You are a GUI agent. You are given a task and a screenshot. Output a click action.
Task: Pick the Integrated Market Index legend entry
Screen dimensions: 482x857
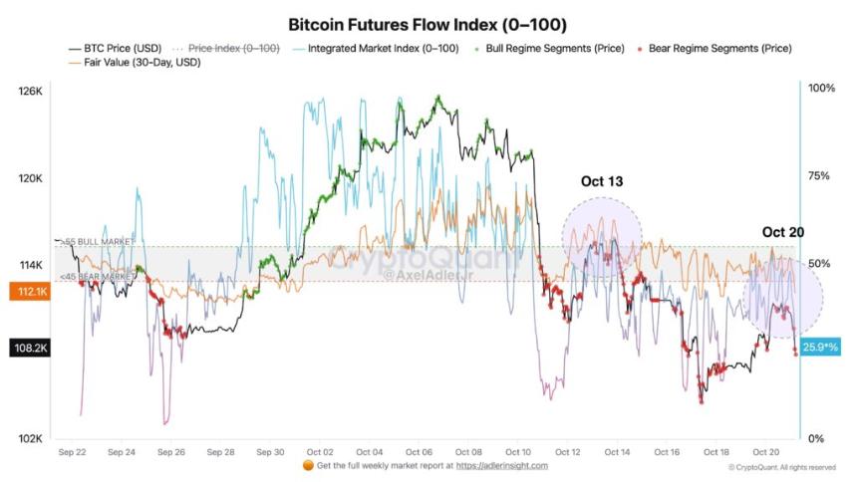pos(379,48)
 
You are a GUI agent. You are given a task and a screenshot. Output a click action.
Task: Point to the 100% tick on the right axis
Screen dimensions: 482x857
pos(821,89)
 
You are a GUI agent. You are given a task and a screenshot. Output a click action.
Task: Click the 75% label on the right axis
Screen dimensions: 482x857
pos(819,176)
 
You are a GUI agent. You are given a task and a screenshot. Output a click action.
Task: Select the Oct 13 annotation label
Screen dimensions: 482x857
pos(601,181)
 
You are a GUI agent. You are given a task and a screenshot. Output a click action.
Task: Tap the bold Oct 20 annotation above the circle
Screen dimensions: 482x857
pos(782,232)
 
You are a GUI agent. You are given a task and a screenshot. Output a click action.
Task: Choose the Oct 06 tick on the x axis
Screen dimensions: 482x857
pos(419,451)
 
